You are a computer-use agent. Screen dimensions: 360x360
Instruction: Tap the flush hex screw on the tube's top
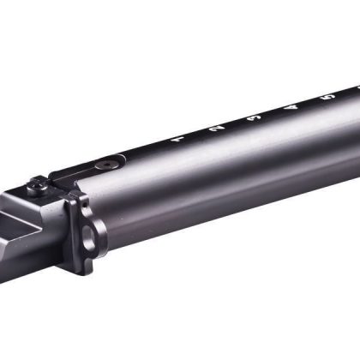(106, 161)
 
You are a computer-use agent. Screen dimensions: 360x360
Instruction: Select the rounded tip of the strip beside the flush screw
(123, 157)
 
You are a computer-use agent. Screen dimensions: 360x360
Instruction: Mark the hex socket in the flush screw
(106, 161)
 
